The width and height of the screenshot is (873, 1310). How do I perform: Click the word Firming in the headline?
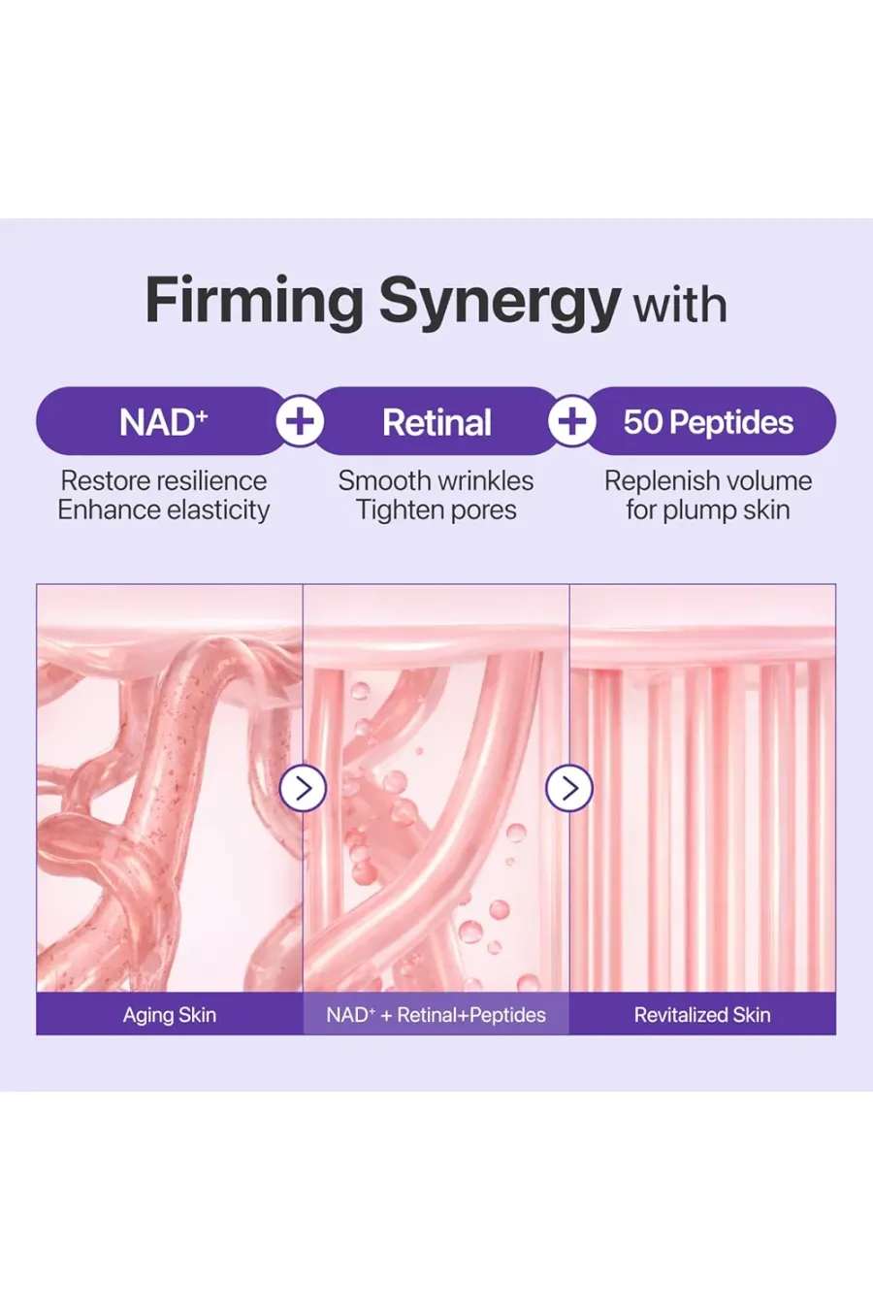coord(254,302)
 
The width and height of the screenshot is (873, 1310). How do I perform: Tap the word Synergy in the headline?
coord(500,304)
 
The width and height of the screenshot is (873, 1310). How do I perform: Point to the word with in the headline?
coord(681,305)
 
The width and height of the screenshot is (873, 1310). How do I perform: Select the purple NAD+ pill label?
coord(161,421)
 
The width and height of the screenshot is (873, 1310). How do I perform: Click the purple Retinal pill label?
coord(436,421)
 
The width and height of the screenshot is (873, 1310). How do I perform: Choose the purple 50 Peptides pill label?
coord(709,421)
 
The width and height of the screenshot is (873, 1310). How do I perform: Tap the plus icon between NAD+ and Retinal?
coord(300,421)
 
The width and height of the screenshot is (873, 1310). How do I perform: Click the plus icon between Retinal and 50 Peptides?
coord(572,421)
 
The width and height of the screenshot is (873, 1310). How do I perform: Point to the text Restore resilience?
coord(164,481)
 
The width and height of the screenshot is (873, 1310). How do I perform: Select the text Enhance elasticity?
coord(164,510)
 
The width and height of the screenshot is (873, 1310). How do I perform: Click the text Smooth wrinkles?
coord(436,481)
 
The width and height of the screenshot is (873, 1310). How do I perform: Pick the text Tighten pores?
coord(436,510)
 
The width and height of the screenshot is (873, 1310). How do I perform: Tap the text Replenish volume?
coord(708,481)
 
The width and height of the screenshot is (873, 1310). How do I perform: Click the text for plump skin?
coord(708,510)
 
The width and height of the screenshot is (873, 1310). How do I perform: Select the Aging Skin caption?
coord(170,1015)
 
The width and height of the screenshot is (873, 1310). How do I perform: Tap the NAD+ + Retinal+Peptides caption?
coord(436,1015)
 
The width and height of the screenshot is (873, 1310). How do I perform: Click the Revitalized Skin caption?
coord(702,1015)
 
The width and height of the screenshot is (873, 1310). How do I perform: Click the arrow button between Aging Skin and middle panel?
coord(303,788)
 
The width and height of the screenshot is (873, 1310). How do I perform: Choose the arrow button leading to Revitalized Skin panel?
coord(569,788)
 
